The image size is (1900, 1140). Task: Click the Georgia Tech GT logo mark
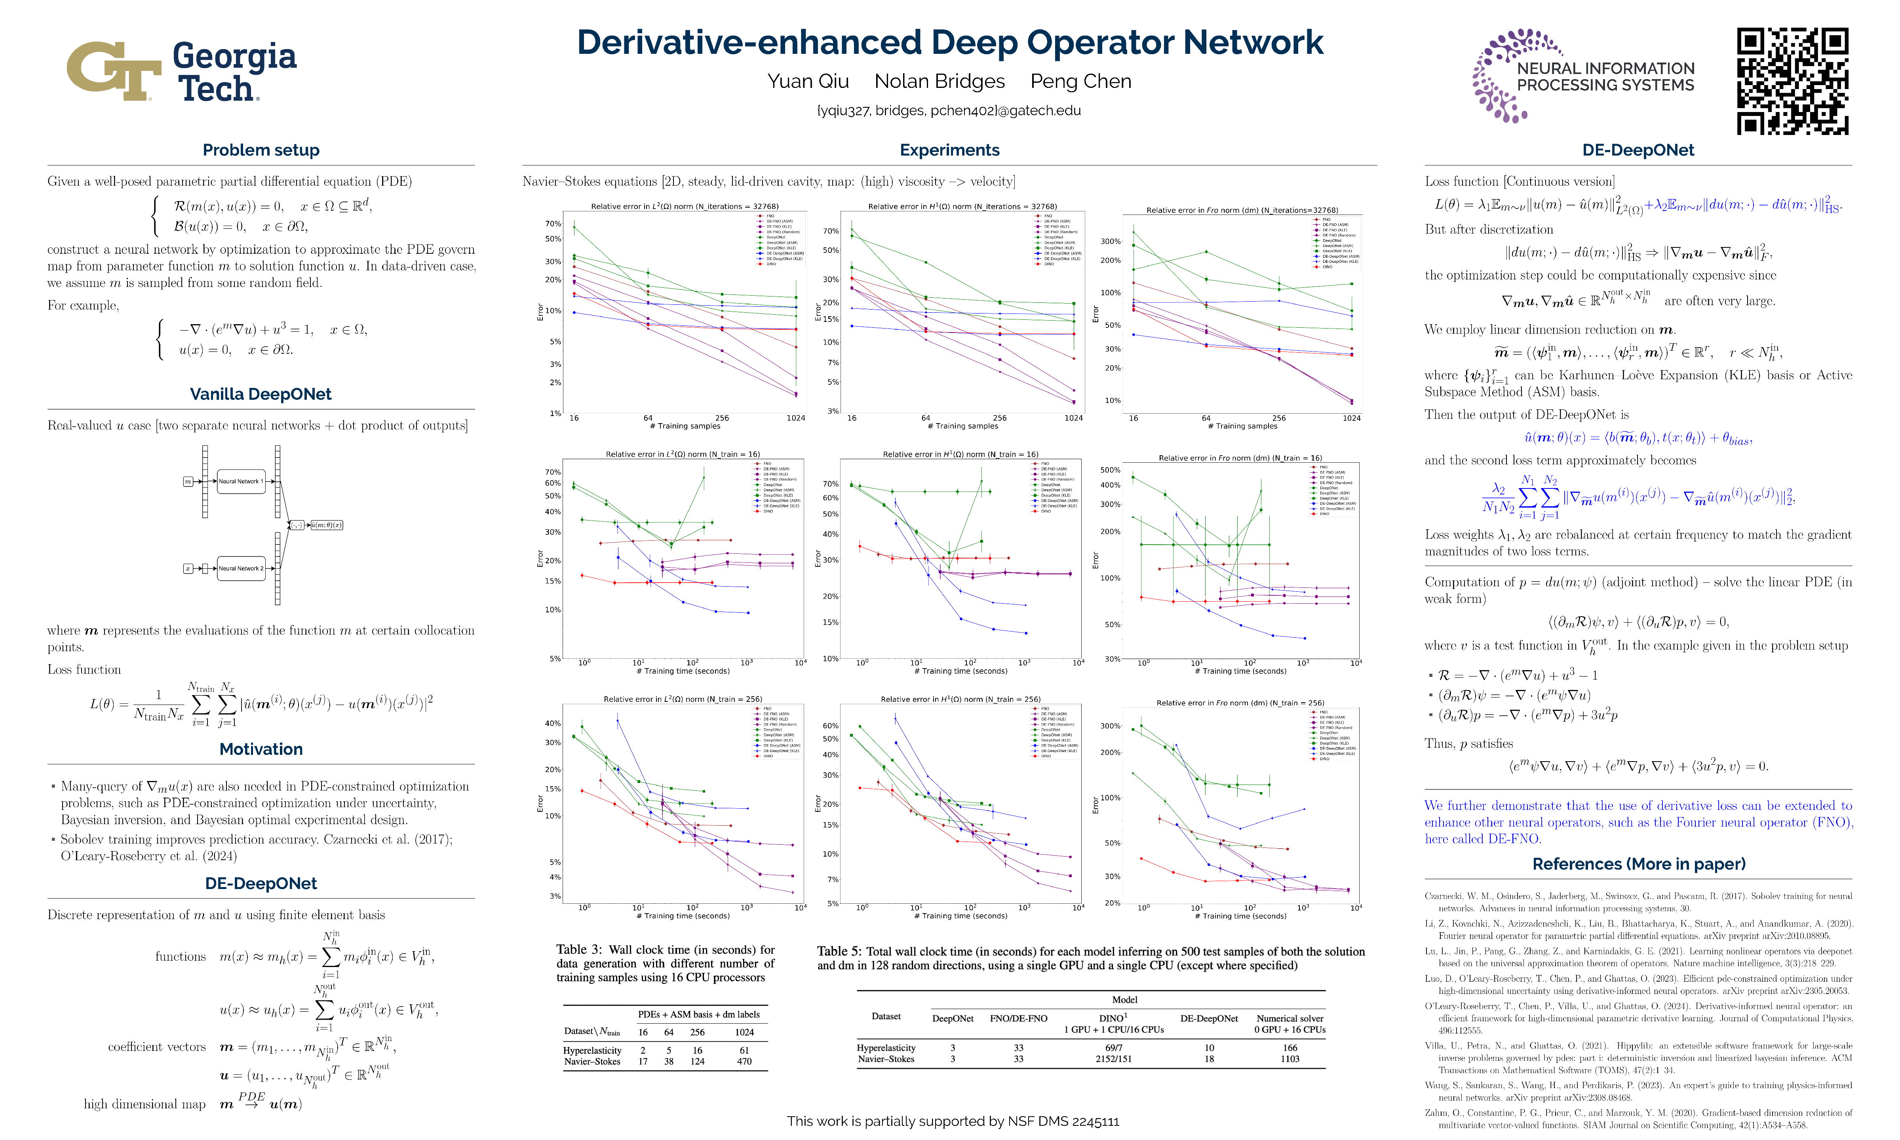tap(114, 71)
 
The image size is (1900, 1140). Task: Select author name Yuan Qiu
tap(808, 82)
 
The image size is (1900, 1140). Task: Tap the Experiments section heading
tap(950, 150)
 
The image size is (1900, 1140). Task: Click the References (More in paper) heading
tap(1638, 864)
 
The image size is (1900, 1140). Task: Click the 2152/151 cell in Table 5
tap(1113, 1059)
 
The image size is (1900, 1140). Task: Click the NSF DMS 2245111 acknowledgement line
tap(953, 1121)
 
